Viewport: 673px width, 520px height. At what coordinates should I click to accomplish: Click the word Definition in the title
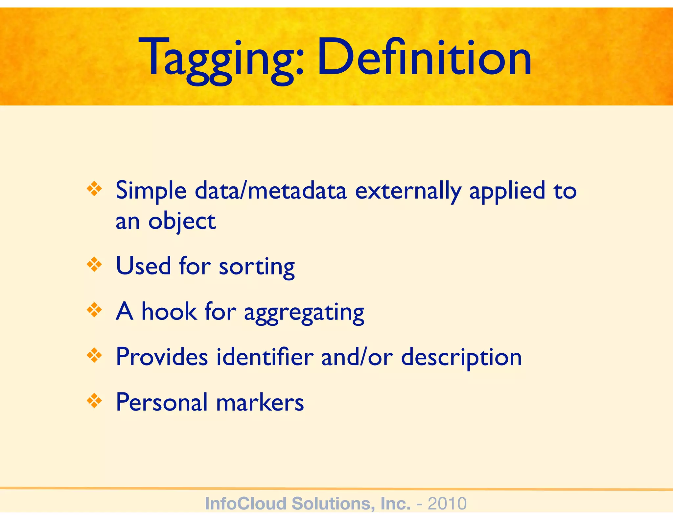(x=424, y=58)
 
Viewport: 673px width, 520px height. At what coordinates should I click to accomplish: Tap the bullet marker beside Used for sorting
(x=94, y=265)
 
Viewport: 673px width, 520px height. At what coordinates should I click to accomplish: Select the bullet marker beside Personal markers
(x=94, y=401)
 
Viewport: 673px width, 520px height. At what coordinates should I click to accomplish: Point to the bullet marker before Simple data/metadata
(x=94, y=189)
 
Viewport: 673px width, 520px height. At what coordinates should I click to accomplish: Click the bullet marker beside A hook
(x=94, y=310)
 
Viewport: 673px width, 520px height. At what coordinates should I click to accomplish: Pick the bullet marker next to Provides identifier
(x=94, y=355)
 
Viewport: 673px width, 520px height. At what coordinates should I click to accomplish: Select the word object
(x=182, y=222)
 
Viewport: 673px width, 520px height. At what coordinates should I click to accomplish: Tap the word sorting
(x=257, y=267)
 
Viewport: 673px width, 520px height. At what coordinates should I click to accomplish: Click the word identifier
(x=265, y=357)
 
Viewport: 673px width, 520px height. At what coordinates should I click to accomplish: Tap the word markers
(x=260, y=402)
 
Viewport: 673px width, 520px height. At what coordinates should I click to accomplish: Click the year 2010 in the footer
(x=447, y=504)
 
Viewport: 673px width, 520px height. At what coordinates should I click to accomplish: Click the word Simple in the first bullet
(x=151, y=191)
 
